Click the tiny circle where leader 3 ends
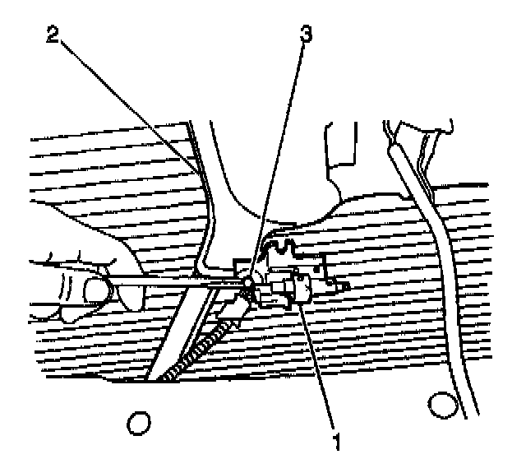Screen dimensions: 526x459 coord(247,282)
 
